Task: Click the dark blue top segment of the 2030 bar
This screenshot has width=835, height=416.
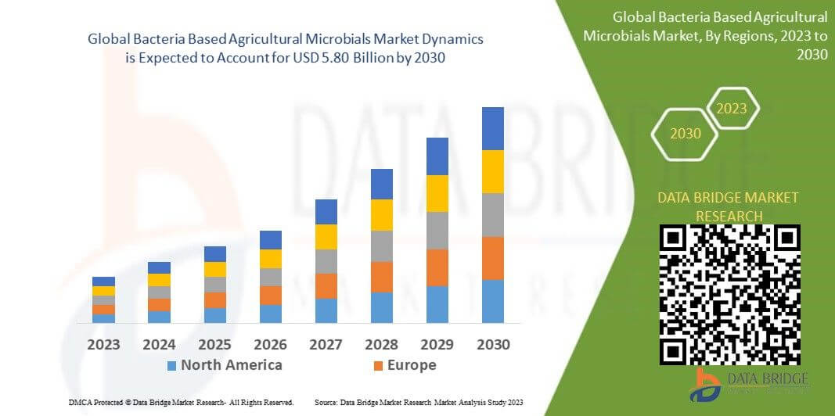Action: tap(492, 129)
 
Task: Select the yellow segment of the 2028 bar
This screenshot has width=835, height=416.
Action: tap(382, 215)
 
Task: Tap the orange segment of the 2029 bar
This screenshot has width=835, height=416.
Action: tap(437, 267)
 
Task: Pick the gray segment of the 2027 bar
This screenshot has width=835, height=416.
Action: tap(326, 261)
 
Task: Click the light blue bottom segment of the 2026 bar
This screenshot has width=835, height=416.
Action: tap(271, 314)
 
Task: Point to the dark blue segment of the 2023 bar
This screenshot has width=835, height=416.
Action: tap(103, 282)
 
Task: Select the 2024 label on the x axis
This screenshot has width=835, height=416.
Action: tap(159, 345)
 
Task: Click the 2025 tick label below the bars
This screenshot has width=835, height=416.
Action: tap(214, 345)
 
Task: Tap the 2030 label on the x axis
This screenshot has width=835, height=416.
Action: tap(493, 345)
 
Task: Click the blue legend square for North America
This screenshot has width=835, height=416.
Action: tap(171, 365)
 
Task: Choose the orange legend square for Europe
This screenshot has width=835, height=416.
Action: tap(378, 365)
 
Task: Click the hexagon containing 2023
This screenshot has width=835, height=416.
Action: tap(732, 109)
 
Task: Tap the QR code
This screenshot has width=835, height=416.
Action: tap(729, 295)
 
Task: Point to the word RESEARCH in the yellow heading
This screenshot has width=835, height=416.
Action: tap(729, 216)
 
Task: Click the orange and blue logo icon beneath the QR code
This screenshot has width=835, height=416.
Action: tap(705, 385)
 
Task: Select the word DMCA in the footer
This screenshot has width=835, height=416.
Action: tap(79, 403)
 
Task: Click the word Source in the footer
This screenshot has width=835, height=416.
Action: tap(326, 403)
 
